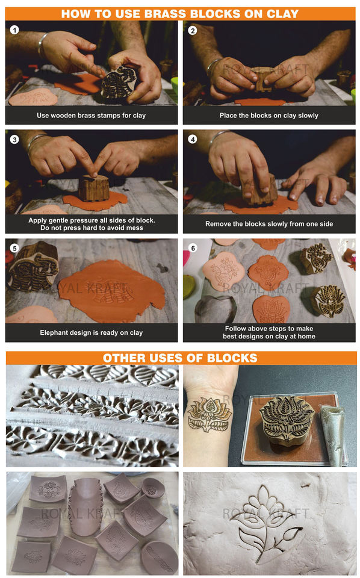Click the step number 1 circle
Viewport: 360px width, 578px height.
(14, 30)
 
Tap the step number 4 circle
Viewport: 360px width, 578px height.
(193, 139)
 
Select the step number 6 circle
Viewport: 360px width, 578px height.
(193, 248)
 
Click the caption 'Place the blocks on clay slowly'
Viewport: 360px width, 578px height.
(269, 116)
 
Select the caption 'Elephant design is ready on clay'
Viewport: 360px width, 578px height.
(92, 332)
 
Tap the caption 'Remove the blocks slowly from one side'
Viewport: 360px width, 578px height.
(269, 224)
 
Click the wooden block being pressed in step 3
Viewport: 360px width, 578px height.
(94, 188)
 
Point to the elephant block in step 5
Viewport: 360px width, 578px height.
(33, 266)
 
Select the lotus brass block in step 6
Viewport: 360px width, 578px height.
(328, 300)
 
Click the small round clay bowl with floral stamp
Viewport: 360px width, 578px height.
(151, 486)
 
